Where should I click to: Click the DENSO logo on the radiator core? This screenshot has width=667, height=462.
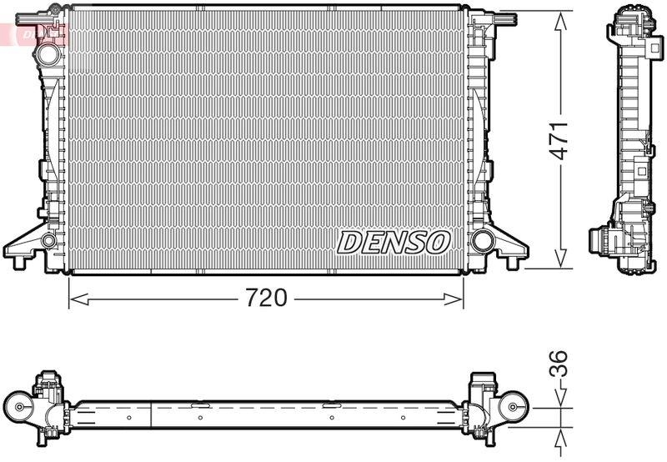click(x=394, y=242)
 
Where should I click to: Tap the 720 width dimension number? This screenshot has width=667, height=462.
click(x=265, y=299)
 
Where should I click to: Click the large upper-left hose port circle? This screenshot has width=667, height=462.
click(x=48, y=53)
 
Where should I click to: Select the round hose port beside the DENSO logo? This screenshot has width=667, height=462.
click(x=481, y=242)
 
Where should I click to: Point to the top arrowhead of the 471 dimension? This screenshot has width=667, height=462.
click(x=559, y=15)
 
